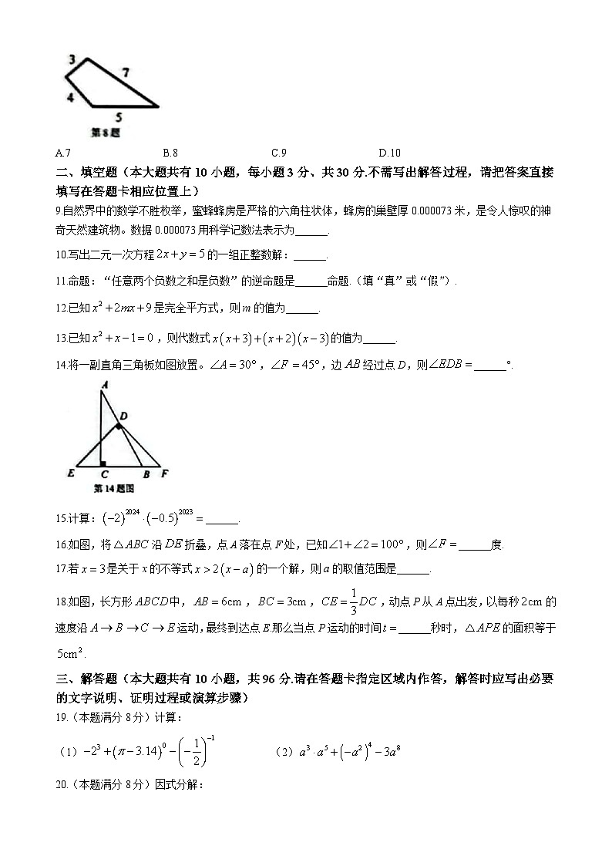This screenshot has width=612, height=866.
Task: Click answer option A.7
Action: [x=64, y=153]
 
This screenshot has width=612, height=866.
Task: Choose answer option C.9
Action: [x=279, y=153]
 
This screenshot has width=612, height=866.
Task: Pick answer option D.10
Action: [x=389, y=153]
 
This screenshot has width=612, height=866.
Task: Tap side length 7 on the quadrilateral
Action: [x=126, y=72]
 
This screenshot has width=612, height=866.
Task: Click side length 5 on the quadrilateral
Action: [x=118, y=117]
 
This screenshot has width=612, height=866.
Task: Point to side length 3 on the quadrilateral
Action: [x=71, y=59]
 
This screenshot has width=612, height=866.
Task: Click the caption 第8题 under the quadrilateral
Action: [x=106, y=133]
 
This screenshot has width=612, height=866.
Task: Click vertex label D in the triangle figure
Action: [x=123, y=416]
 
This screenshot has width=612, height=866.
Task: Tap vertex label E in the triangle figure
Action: [x=71, y=474]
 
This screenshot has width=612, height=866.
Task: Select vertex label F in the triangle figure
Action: [x=165, y=474]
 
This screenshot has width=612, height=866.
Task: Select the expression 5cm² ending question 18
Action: [x=72, y=653]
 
